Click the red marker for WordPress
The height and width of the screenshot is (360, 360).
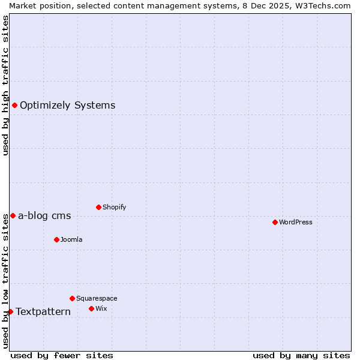[275, 222]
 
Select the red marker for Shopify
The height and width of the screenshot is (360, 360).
[98, 207]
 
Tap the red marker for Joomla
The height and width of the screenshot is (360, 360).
[56, 239]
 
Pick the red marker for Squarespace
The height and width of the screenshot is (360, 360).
[72, 298]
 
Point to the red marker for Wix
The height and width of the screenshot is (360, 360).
[91, 308]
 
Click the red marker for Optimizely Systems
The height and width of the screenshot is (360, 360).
[14, 106]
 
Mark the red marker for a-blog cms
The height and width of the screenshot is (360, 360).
[13, 215]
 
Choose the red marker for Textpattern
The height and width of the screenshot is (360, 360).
[10, 311]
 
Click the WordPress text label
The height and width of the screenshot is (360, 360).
[296, 222]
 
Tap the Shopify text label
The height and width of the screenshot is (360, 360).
[114, 207]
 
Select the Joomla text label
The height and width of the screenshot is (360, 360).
[71, 239]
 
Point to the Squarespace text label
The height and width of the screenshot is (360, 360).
[97, 298]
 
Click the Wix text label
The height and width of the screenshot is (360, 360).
[101, 308]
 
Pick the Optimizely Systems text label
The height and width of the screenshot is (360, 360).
[67, 106]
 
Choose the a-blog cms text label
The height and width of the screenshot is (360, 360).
[44, 216]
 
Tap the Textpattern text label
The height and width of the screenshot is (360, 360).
[43, 311]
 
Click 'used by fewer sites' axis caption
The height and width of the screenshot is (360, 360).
[62, 355]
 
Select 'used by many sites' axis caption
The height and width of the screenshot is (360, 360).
[301, 355]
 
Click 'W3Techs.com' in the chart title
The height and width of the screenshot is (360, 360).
[326, 5]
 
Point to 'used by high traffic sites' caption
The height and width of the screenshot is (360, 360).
[5, 85]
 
